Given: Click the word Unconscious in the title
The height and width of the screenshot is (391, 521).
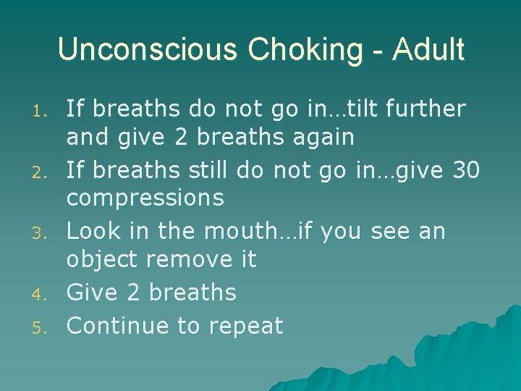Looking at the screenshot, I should [x=148, y=50].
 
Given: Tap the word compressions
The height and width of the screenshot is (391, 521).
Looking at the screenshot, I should [x=145, y=198].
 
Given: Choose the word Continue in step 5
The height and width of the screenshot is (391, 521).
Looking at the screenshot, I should [x=117, y=326].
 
